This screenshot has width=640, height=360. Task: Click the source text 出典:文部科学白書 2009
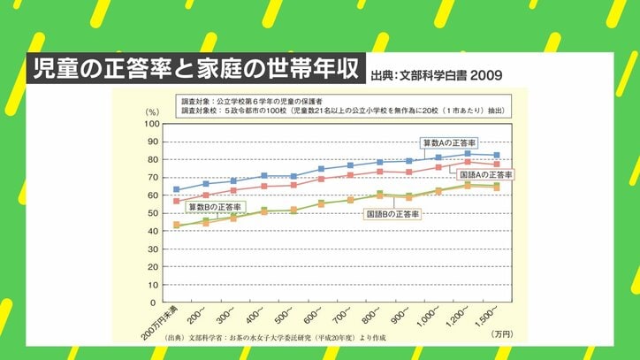click(437, 75)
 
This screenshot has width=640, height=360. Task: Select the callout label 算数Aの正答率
click(447, 142)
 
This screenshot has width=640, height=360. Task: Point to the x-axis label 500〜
click(284, 317)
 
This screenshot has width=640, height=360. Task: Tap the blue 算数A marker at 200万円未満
click(177, 189)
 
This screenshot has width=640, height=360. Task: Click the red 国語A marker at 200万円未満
click(177, 201)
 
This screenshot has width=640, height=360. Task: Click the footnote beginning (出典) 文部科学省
click(274, 337)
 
